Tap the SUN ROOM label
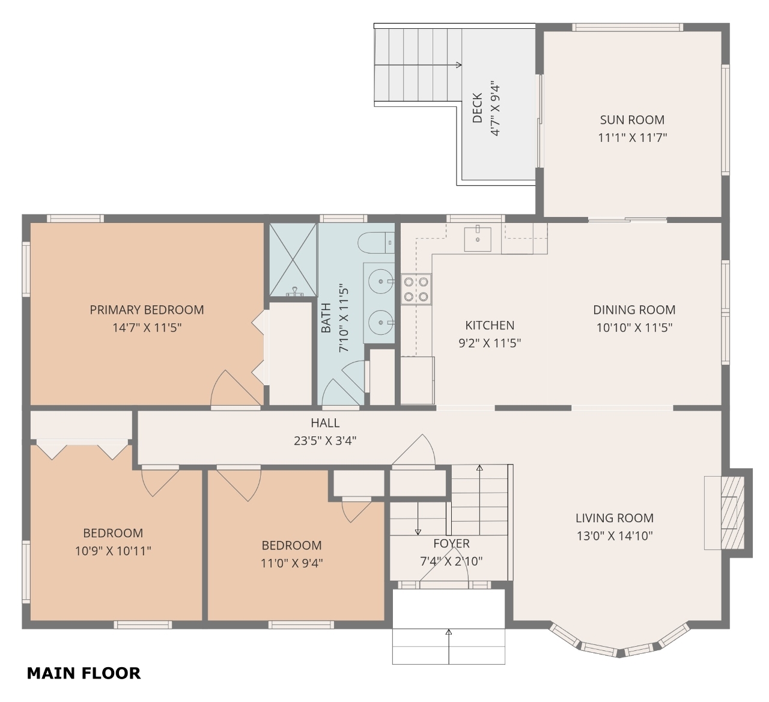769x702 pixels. [x=632, y=120]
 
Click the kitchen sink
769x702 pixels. [x=478, y=239]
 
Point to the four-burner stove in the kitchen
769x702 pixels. [x=416, y=290]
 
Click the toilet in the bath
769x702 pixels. [x=376, y=243]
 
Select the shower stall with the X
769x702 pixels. [x=293, y=260]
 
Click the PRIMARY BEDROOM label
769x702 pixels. [x=147, y=310]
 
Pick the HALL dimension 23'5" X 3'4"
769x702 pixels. [x=325, y=441]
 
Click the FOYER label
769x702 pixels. [x=451, y=543]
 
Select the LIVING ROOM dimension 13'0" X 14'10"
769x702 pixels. [x=615, y=536]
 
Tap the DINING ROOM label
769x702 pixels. [x=634, y=310]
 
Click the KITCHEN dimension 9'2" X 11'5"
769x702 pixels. [x=490, y=343]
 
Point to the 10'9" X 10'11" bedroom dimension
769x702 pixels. [x=113, y=551]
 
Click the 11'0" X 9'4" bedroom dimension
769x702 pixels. [x=292, y=564]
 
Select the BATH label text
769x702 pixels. [x=326, y=318]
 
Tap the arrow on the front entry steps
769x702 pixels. [x=449, y=647]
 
